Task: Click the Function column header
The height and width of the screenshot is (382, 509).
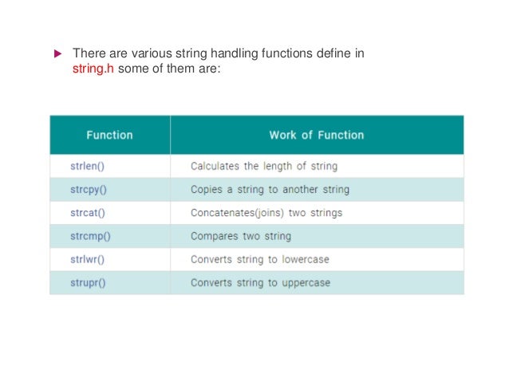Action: click(109, 135)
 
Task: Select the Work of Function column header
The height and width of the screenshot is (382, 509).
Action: click(316, 135)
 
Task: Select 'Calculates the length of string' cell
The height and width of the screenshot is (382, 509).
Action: click(263, 167)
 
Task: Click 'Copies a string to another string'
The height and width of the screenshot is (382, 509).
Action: click(270, 190)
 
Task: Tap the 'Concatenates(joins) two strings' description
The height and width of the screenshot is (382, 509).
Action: click(266, 213)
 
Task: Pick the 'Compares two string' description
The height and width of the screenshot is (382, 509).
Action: click(240, 236)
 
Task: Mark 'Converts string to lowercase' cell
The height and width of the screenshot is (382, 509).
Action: click(259, 259)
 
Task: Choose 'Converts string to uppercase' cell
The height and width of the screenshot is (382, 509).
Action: click(260, 282)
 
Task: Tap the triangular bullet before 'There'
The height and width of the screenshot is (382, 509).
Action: click(57, 54)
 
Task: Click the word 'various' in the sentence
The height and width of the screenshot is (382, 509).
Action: click(152, 53)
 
